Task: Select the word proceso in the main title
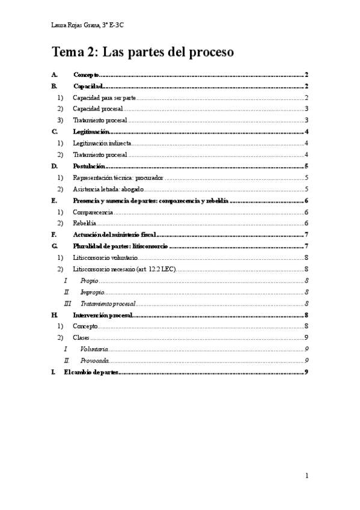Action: click(206, 52)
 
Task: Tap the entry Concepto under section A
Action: click(86, 75)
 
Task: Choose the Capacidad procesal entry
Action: click(98, 109)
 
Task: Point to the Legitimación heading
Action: click(90, 132)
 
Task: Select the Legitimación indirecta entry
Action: click(102, 143)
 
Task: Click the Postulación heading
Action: click(89, 166)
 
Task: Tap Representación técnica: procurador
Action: click(118, 178)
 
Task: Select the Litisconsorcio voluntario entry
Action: click(108, 257)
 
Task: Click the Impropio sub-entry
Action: click(91, 292)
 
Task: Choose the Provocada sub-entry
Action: click(94, 361)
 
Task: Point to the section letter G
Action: click(55, 247)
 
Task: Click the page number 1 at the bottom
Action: click(307, 476)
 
